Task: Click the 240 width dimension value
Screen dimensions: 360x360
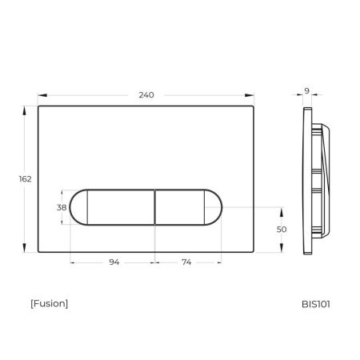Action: click(146, 94)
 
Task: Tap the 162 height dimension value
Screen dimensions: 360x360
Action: click(24, 178)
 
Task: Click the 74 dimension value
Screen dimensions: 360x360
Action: click(186, 262)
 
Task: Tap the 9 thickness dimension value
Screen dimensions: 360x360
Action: click(306, 91)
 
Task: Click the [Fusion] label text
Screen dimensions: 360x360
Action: click(49, 303)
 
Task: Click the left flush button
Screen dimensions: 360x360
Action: click(112, 207)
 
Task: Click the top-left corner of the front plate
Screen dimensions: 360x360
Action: click(38, 106)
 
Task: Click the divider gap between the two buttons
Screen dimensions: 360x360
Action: click(154, 207)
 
